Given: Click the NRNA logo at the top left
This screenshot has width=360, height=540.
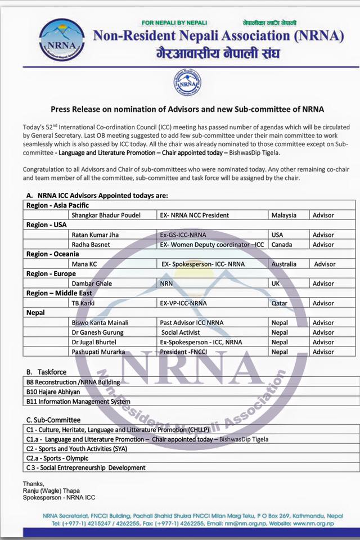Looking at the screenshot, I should (x=63, y=42).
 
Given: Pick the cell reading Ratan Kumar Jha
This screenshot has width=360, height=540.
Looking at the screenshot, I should (x=95, y=235).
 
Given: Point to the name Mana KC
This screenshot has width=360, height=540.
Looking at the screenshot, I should (x=84, y=264).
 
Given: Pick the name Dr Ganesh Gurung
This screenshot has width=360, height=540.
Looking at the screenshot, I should (x=97, y=332).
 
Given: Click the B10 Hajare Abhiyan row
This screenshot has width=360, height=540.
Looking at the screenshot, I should (x=53, y=392).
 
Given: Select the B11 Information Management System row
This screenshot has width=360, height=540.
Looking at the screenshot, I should (x=78, y=402).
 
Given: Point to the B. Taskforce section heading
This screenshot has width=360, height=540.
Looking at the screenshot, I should (x=46, y=372).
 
